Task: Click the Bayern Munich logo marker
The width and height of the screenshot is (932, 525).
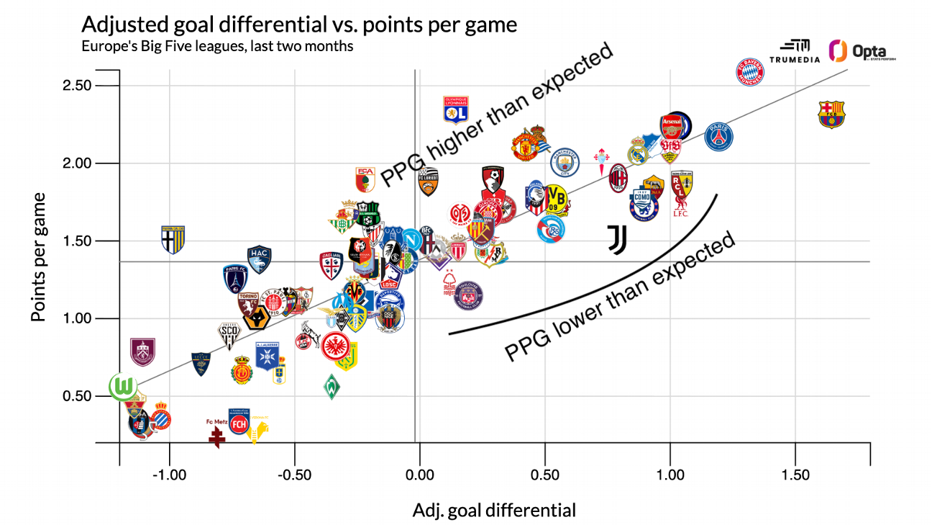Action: point(751,72)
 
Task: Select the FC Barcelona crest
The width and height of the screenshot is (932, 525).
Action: point(832,115)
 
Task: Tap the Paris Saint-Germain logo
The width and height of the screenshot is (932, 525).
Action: point(718,136)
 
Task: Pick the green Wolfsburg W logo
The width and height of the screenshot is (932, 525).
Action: point(124,387)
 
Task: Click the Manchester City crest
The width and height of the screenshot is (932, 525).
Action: point(565,162)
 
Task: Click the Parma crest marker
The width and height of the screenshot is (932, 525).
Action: point(173,238)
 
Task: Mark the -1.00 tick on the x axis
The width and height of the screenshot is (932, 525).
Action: point(170,476)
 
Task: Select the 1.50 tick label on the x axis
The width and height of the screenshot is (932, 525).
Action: point(795,476)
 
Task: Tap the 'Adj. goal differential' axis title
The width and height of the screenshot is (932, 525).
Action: point(494,511)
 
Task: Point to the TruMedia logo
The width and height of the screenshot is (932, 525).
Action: point(795,50)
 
